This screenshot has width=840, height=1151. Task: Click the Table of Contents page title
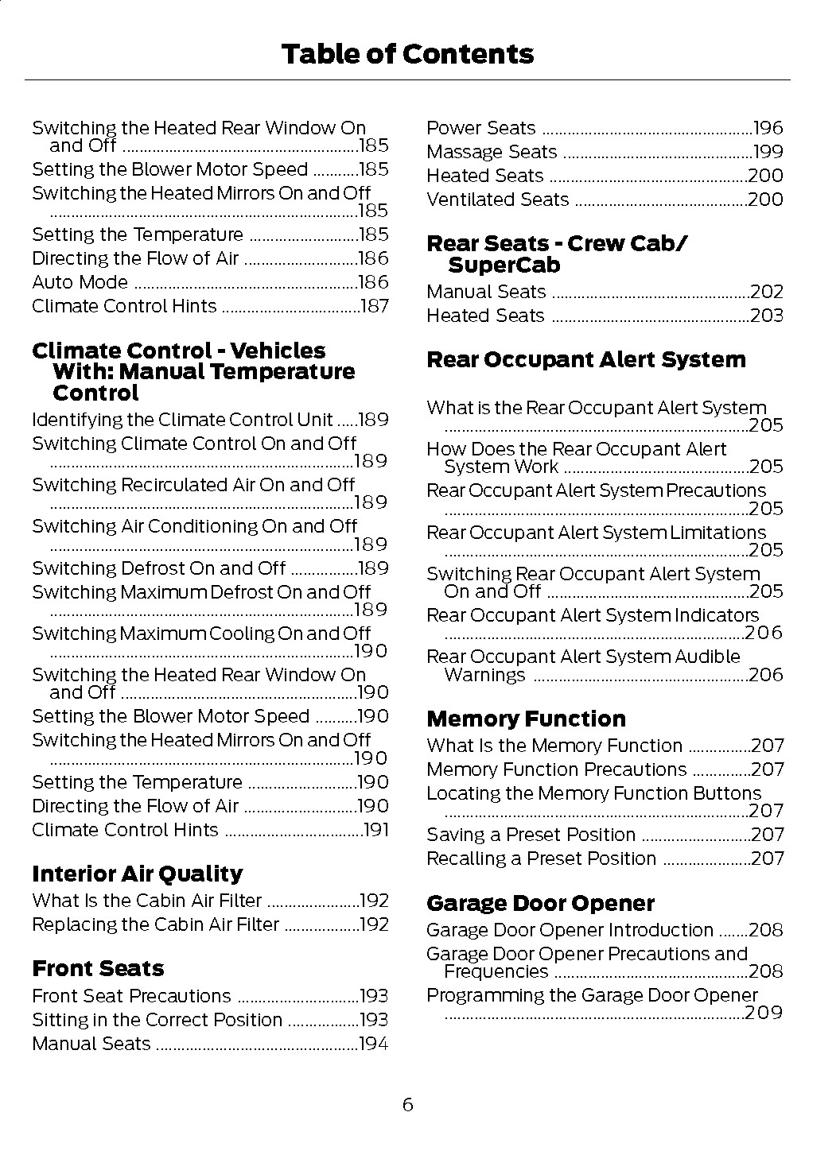(407, 54)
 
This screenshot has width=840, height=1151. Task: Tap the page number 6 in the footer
(407, 1104)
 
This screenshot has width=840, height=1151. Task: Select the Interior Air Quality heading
(137, 874)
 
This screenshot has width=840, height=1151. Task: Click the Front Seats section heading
(98, 969)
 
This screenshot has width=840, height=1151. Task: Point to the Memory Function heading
(526, 719)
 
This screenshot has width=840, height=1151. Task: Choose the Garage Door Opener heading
(540, 904)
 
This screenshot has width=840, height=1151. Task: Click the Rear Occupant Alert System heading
(586, 360)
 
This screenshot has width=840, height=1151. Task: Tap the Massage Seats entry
(492, 152)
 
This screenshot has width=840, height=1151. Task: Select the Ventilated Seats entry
(498, 200)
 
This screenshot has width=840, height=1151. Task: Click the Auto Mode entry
(80, 282)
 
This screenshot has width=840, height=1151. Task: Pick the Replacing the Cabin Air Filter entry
(155, 924)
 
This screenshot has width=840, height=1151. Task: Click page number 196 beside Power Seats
(768, 128)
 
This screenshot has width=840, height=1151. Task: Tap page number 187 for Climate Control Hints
(375, 306)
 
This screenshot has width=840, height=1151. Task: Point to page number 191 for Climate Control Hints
(375, 830)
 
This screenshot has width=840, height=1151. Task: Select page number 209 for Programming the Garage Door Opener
(764, 1013)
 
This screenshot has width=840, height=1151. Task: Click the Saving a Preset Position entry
(531, 835)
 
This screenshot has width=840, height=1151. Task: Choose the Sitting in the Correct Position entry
(157, 1020)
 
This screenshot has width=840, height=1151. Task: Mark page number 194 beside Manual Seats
(373, 1044)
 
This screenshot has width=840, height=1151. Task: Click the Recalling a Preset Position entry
(541, 858)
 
